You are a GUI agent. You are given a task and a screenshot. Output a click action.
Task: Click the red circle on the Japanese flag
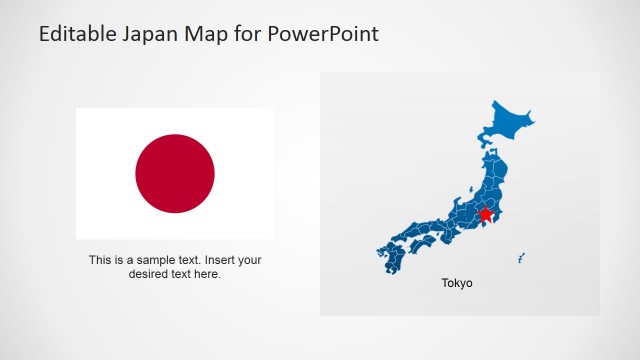tap(175, 174)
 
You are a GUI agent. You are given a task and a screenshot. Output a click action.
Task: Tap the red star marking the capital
tap(486, 214)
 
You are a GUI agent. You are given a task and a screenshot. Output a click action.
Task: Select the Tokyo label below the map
tap(457, 283)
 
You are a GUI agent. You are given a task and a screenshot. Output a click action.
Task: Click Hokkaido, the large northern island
tap(505, 123)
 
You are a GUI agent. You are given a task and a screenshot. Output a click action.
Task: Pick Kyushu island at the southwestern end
tap(391, 258)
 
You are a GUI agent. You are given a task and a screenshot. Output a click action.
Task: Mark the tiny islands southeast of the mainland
tap(521, 258)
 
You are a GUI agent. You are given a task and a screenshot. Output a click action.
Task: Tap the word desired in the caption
tap(149, 274)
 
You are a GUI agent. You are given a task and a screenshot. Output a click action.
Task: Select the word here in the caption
tap(208, 274)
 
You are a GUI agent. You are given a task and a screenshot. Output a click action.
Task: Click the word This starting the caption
tap(100, 260)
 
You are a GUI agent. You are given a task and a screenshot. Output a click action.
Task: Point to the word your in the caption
tap(248, 260)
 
